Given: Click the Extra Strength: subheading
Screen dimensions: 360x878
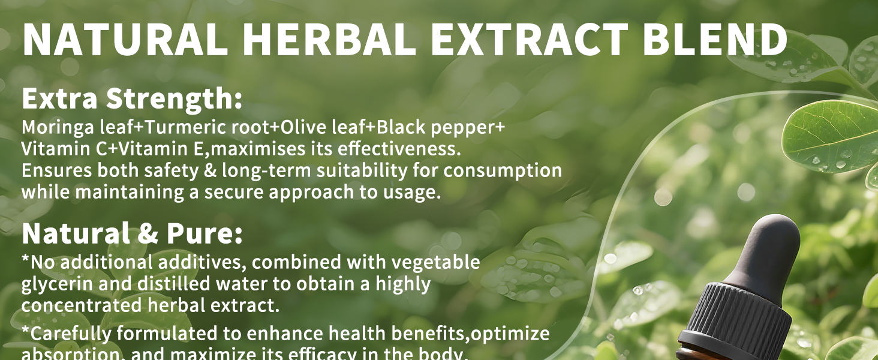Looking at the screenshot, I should coord(132,99).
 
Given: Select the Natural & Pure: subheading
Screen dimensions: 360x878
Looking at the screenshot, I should coord(132,233).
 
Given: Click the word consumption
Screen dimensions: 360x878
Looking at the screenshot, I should coord(503,170).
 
